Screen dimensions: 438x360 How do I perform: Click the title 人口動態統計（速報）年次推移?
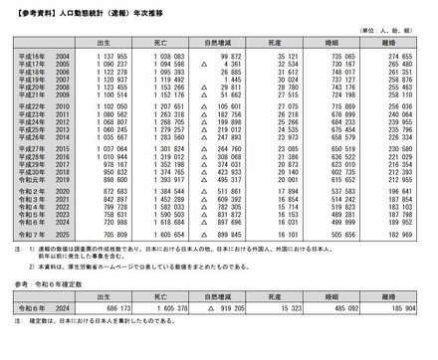pos(95,11)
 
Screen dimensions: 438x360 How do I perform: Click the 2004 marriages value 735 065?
pos(343,59)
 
